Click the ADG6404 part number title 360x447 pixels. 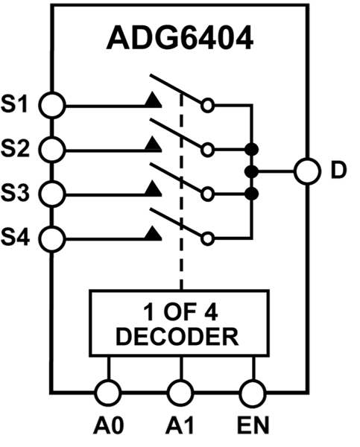179,39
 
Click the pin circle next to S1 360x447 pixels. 51,104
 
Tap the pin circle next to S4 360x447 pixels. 51,239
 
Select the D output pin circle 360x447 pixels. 306,171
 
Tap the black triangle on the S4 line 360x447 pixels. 153,234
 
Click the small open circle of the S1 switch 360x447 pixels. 209,105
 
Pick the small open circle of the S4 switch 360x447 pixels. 209,239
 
